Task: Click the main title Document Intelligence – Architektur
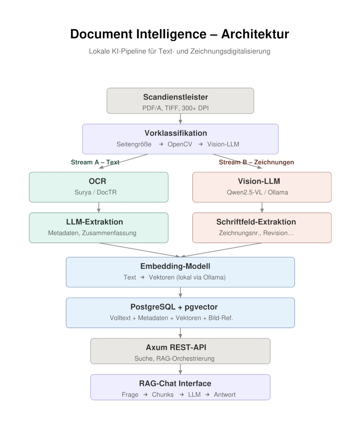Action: point(180,34)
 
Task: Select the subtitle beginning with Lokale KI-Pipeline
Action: point(180,51)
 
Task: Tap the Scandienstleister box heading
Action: point(180,97)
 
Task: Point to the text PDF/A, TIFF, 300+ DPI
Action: point(180,107)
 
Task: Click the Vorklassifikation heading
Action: point(180,133)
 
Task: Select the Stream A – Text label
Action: point(95,162)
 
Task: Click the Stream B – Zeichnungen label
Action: point(256,162)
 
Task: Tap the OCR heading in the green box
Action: point(98,181)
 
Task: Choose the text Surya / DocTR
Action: point(98,192)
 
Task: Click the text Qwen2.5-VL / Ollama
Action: point(262,192)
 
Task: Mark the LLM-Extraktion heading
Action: point(98,222)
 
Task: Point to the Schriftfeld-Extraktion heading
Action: point(262,222)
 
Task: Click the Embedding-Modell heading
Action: point(180,267)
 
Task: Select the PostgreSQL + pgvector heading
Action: point(180,307)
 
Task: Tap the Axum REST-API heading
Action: point(180,348)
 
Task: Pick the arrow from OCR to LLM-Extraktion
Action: point(98,207)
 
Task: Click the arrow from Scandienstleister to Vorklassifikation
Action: point(180,119)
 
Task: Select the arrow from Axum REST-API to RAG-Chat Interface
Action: point(180,369)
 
